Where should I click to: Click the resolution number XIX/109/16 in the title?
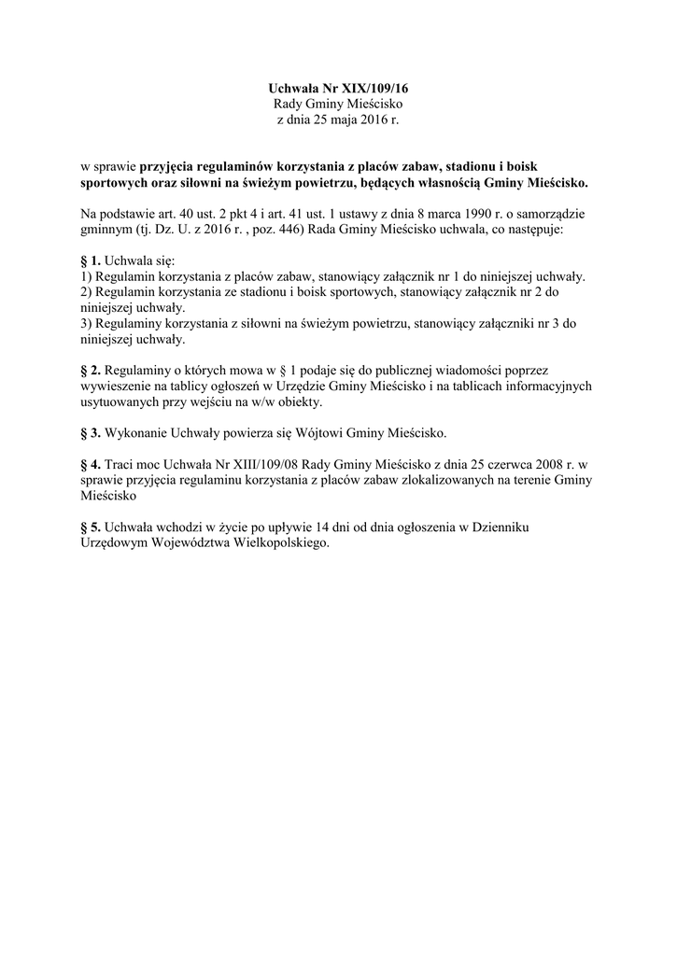pyautogui.click(x=373, y=87)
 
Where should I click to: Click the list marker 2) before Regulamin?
pyautogui.click(x=87, y=292)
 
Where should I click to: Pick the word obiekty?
pyautogui.click(x=295, y=401)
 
